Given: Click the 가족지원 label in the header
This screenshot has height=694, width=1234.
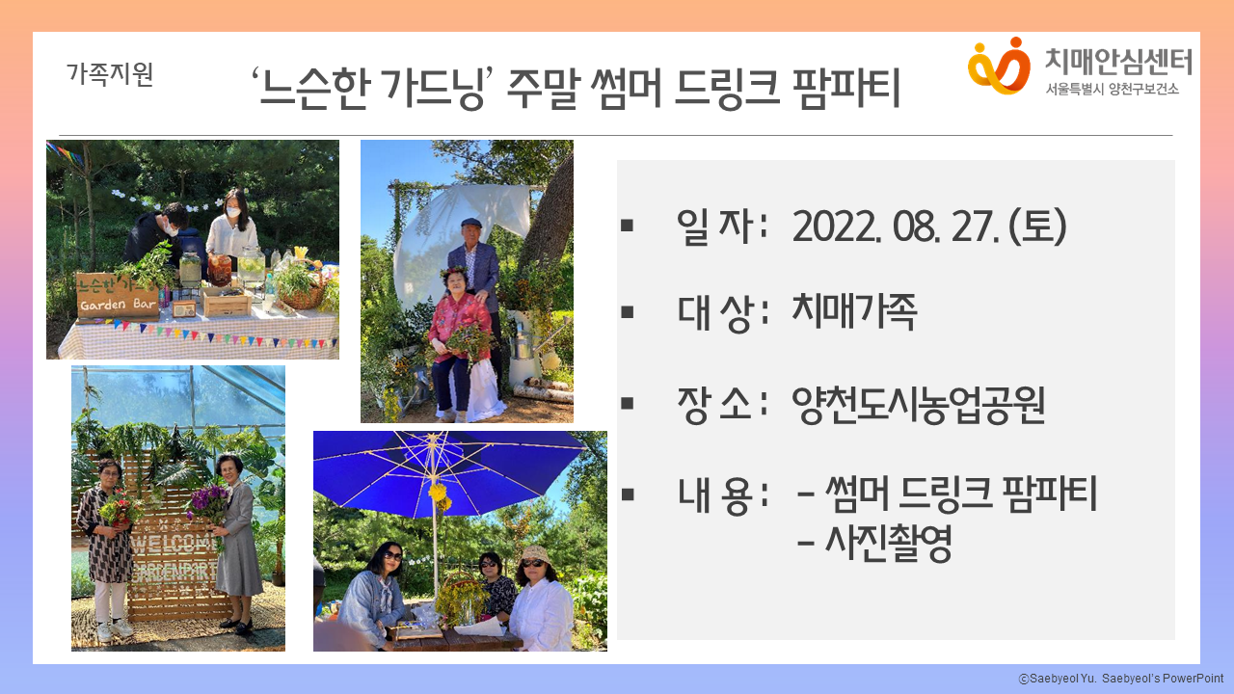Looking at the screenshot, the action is tap(110, 74).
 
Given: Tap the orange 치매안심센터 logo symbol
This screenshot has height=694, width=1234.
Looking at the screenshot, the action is tap(999, 66).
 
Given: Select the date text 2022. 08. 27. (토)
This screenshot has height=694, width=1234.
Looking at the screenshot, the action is tap(929, 227).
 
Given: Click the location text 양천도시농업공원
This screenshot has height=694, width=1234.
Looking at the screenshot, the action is tap(918, 405).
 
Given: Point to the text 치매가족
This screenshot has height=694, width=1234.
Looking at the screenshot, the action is tap(854, 311).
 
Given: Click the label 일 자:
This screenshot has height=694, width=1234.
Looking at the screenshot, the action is tap(723, 227).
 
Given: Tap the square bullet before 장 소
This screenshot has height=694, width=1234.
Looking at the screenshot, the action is tap(627, 403).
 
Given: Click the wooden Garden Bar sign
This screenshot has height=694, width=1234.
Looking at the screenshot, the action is tap(117, 296).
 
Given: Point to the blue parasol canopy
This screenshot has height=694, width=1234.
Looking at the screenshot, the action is tap(447, 471).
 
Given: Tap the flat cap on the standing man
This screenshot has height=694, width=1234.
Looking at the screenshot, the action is tap(471, 222).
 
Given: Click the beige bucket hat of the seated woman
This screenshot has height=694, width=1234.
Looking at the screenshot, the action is tap(534, 554).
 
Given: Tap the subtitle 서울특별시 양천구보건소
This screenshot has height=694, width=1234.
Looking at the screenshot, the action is tap(1113, 89).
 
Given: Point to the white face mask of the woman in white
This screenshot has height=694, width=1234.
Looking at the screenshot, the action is tap(233, 212).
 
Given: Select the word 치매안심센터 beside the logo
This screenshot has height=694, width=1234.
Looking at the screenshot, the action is tap(1119, 61).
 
